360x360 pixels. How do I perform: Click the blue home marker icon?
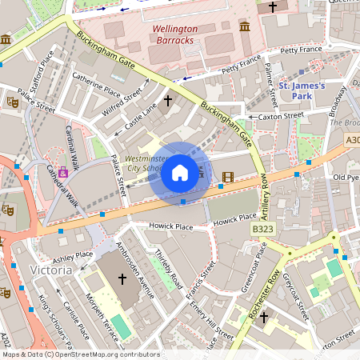point(180,173)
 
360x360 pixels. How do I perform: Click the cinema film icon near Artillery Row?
point(229,176)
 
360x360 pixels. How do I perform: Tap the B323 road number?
point(263,229)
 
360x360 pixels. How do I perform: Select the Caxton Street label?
point(281,116)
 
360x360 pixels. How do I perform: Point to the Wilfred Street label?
point(126,98)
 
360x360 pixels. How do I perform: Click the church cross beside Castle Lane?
point(168,101)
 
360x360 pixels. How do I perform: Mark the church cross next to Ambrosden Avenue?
point(122,279)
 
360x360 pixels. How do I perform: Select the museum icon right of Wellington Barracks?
point(245,26)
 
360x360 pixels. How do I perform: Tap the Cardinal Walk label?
point(72,148)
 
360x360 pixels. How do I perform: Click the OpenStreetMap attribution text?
point(80,354)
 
